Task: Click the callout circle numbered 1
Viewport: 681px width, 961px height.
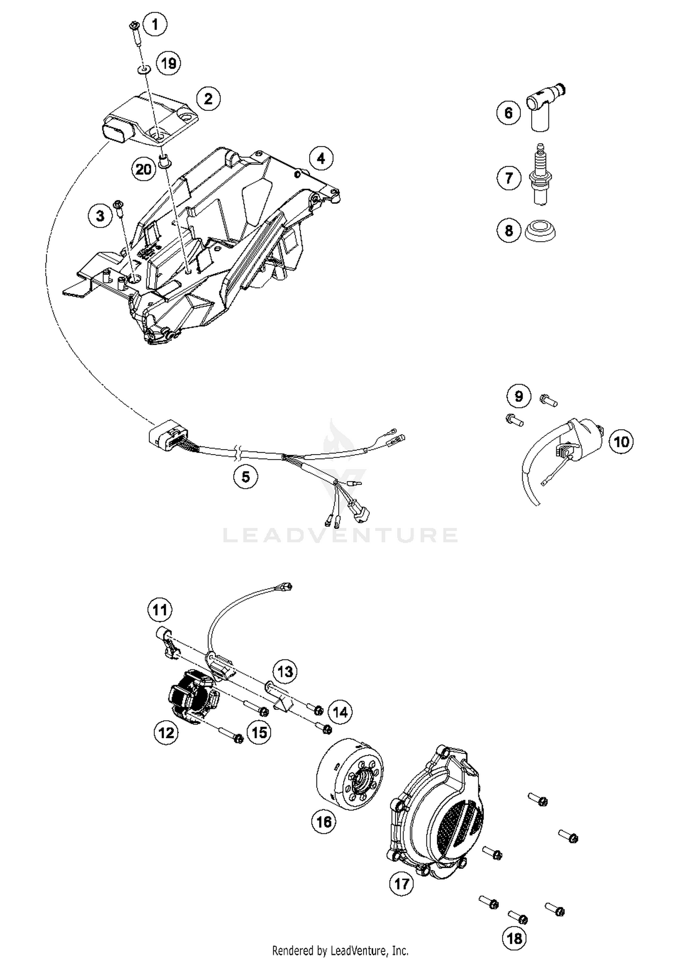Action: coord(155,24)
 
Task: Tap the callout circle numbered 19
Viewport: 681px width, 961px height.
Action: coord(168,63)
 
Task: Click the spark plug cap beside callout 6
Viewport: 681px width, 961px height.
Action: coord(543,107)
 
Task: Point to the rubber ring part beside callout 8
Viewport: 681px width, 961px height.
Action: coord(540,230)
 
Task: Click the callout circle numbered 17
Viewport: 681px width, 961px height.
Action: coord(401,884)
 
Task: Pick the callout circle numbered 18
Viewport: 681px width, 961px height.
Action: coord(514,938)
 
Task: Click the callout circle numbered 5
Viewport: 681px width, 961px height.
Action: coord(246,477)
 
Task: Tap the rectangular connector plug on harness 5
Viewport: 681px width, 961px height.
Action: coord(163,436)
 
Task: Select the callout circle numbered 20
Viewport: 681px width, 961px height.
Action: coord(143,169)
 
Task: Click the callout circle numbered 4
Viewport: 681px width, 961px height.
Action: coord(321,159)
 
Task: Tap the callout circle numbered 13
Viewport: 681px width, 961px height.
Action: coord(285,671)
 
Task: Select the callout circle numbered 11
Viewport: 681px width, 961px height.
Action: coord(160,609)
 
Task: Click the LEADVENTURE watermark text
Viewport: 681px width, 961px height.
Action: coord(340,535)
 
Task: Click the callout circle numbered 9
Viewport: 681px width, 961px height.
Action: coord(518,396)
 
